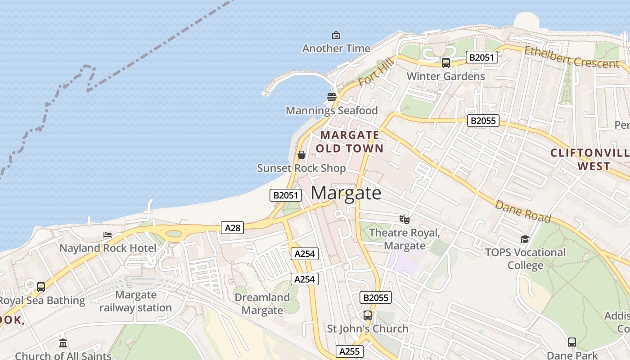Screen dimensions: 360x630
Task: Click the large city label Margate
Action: pyautogui.click(x=346, y=193)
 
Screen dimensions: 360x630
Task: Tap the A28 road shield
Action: pyautogui.click(x=233, y=228)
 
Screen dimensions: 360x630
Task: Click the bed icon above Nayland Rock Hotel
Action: pyautogui.click(x=108, y=235)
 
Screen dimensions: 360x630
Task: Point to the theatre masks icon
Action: pyautogui.click(x=405, y=220)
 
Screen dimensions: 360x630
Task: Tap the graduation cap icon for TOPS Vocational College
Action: pyautogui.click(x=525, y=239)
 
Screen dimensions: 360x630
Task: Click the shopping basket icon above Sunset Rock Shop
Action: pyautogui.click(x=301, y=155)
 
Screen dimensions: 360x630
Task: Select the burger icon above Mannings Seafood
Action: pyautogui.click(x=332, y=97)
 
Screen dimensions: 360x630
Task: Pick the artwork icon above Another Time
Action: pyautogui.click(x=336, y=35)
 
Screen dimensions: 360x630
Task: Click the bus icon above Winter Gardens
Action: pyautogui.click(x=445, y=63)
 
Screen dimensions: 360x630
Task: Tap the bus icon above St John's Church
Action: pyautogui.click(x=368, y=315)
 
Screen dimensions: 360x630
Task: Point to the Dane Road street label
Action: pyautogui.click(x=523, y=211)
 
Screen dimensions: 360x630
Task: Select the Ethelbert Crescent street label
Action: pyautogui.click(x=571, y=57)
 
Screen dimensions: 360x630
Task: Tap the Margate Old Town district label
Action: pyautogui.click(x=350, y=141)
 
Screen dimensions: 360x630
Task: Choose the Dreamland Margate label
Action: pyautogui.click(x=262, y=304)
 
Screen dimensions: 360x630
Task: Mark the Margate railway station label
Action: pyautogui.click(x=135, y=301)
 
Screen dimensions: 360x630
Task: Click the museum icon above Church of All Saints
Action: pyautogui.click(x=63, y=343)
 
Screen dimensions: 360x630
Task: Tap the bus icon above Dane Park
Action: pyautogui.click(x=571, y=342)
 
